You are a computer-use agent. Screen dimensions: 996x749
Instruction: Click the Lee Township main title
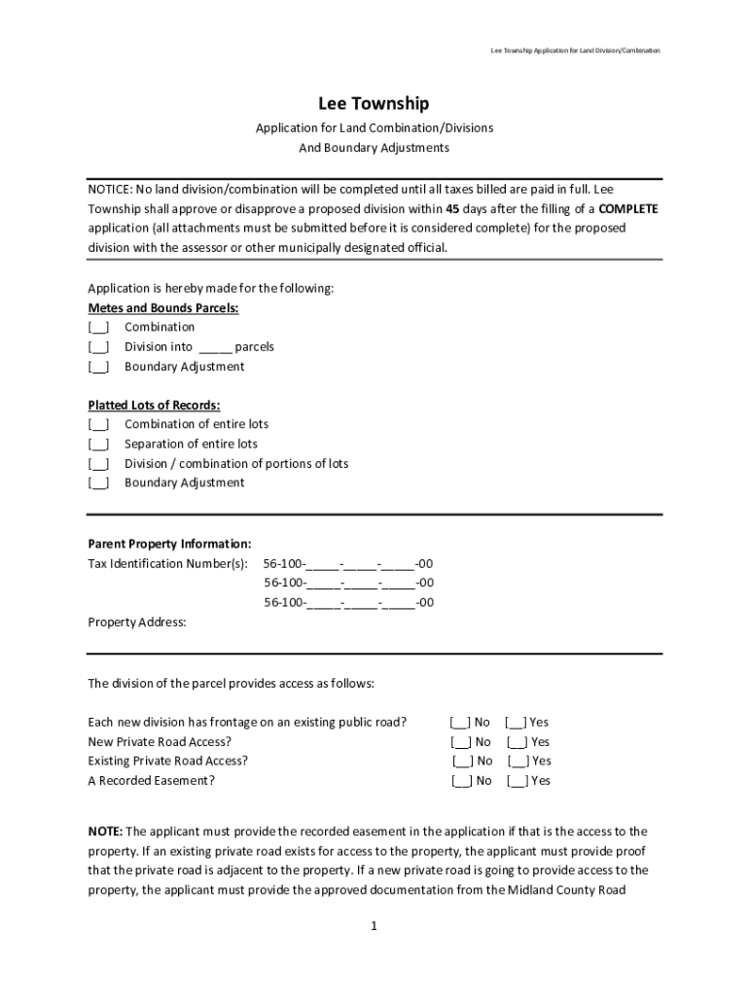coord(374,104)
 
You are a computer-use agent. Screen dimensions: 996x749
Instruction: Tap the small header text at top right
coord(575,50)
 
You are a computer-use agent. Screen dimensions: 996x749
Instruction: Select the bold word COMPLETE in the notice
coord(628,209)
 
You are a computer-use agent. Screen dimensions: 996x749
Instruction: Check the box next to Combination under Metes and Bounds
coord(98,328)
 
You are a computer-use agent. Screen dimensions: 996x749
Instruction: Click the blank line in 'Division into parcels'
coord(215,347)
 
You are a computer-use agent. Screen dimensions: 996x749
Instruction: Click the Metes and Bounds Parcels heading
coord(163,308)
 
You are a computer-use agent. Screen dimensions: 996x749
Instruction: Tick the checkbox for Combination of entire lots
coord(98,425)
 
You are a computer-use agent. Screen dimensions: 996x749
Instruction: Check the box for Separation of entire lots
coord(98,445)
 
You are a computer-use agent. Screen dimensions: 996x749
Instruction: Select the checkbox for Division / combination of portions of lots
coord(98,464)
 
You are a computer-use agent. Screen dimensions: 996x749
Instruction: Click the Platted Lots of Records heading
coord(154,405)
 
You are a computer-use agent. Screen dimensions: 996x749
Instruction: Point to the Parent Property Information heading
coord(169,544)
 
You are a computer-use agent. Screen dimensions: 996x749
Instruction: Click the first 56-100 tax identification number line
coord(348,564)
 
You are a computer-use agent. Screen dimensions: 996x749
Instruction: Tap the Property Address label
coord(137,622)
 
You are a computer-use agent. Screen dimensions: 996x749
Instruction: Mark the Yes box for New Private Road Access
coord(517,742)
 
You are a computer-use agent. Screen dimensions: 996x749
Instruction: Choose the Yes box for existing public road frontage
coord(516,723)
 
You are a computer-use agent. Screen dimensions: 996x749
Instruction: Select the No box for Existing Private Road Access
coord(462,762)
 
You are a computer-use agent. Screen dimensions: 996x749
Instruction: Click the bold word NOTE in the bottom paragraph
coord(105,832)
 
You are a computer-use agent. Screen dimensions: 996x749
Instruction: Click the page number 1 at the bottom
coord(374,927)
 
